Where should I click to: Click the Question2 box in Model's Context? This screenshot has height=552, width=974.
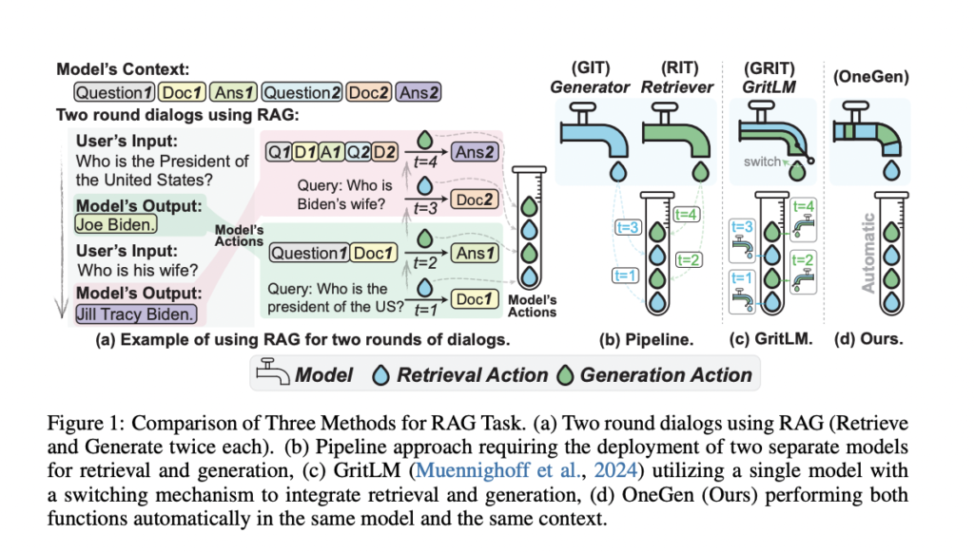302,93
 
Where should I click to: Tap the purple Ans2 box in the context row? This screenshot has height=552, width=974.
419,93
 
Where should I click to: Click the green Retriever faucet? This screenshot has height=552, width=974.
677,132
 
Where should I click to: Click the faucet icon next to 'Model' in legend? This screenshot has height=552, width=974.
275,374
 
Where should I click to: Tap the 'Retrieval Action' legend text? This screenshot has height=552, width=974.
473,374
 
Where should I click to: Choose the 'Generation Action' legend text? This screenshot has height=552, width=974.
666,374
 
